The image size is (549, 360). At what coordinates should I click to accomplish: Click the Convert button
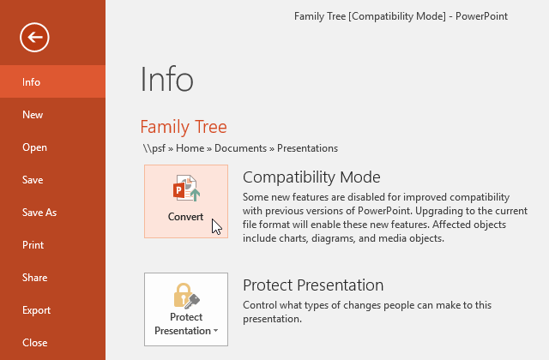tap(186, 201)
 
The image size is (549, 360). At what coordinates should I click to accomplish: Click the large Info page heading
tap(166, 80)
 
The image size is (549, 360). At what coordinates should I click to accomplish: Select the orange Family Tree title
tap(184, 128)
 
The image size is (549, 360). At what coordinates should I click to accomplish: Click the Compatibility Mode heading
tap(311, 177)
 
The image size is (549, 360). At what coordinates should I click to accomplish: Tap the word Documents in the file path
tap(240, 148)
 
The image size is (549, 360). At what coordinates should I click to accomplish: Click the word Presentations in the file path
tap(307, 148)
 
